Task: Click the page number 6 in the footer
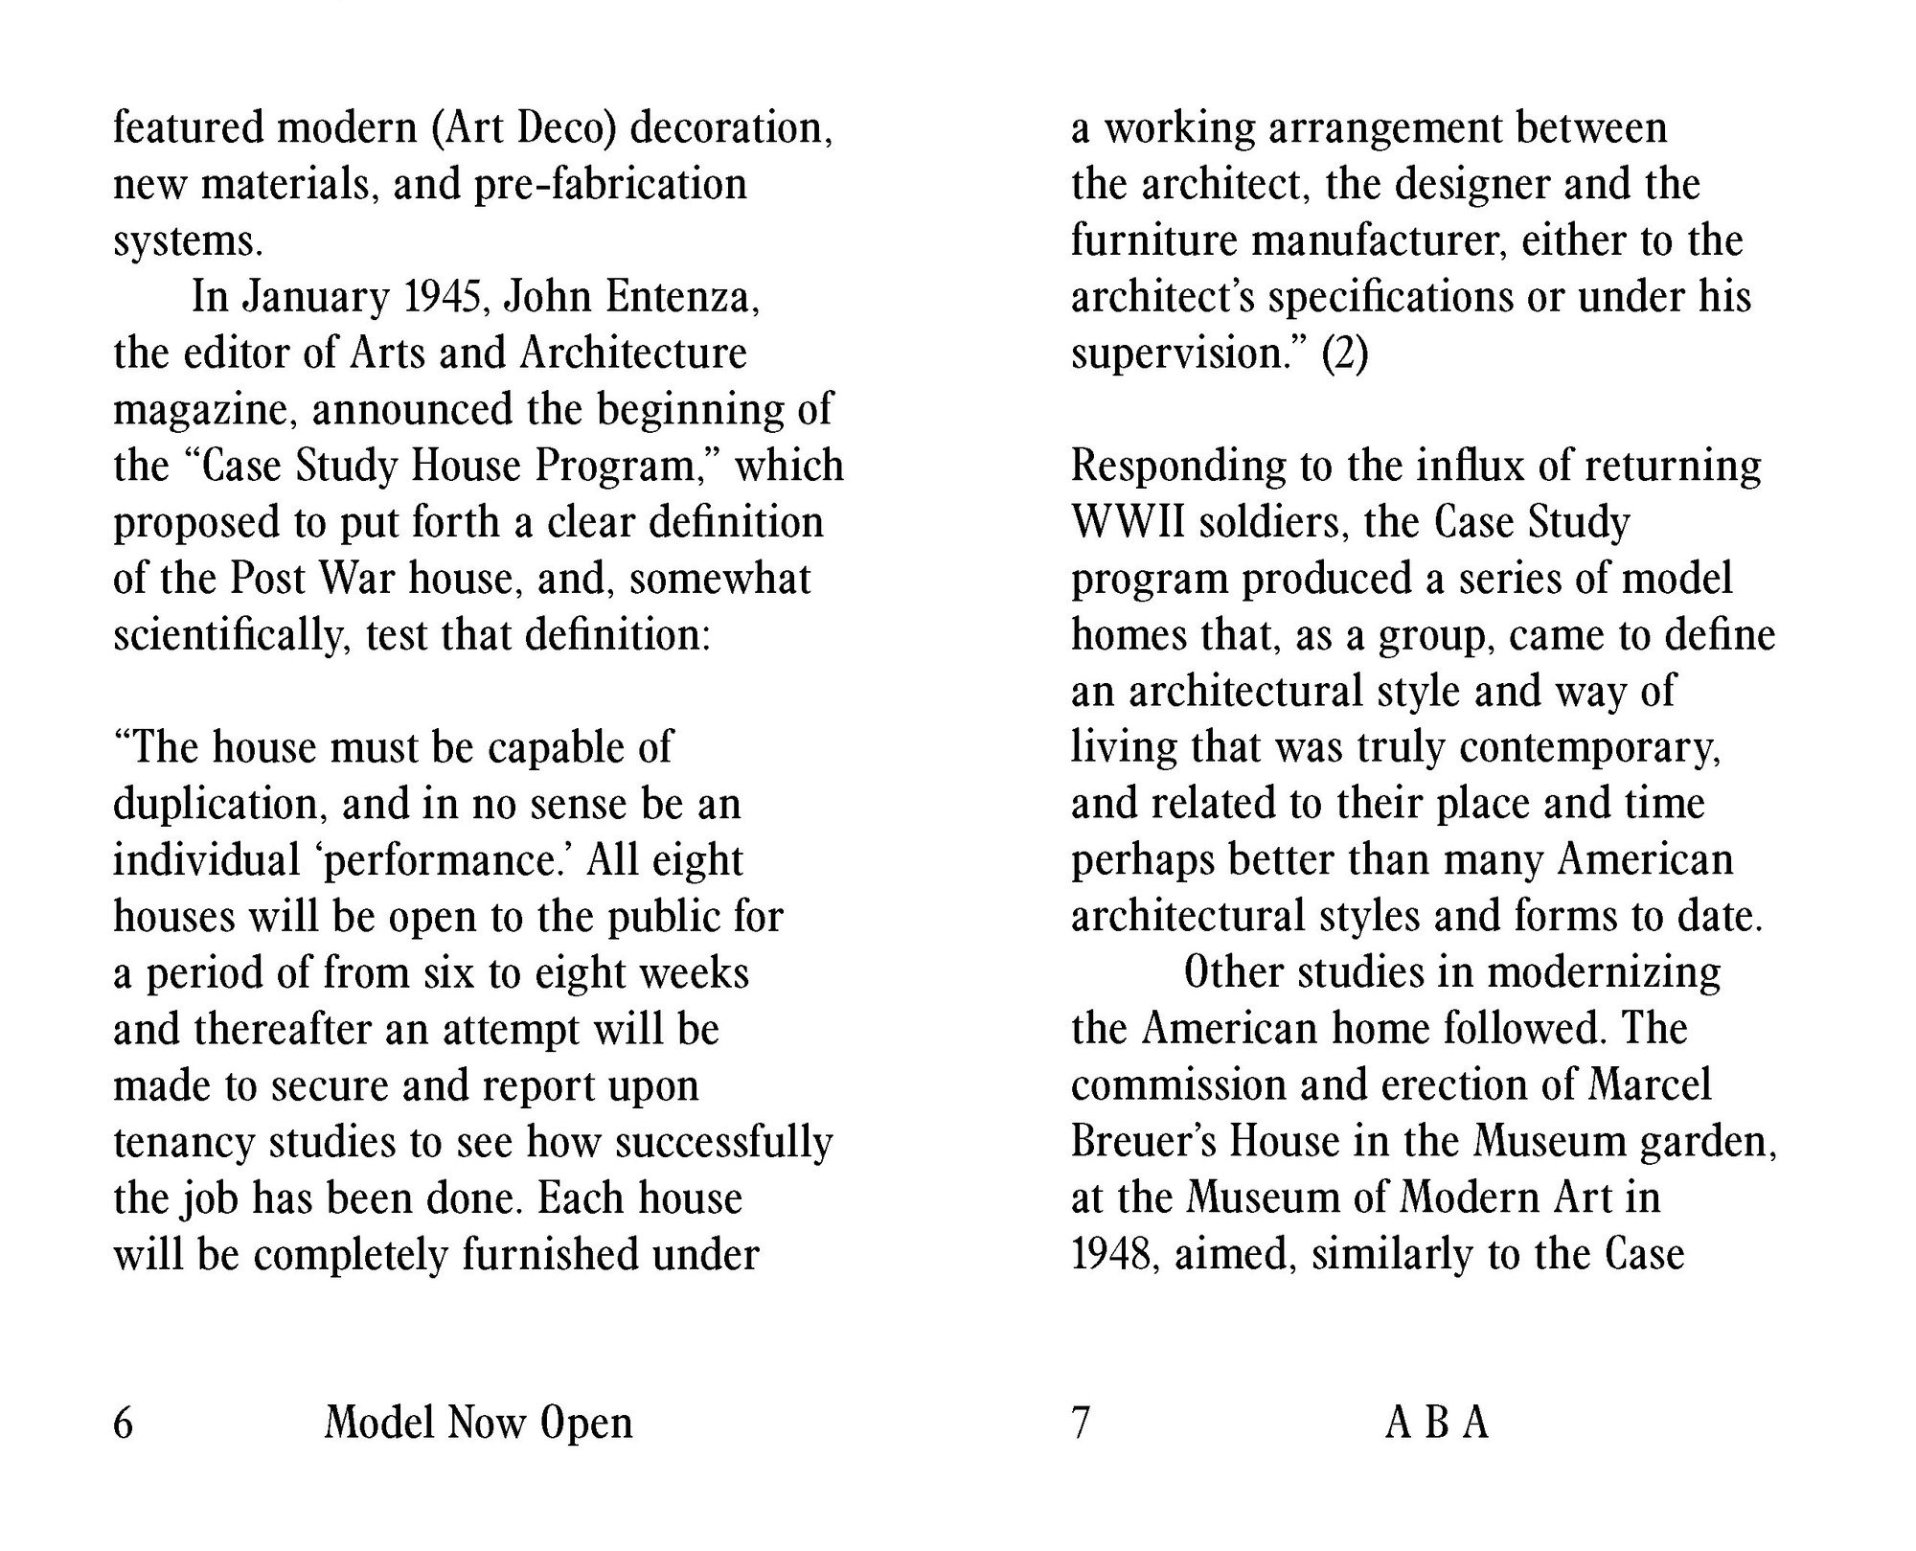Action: click(124, 1423)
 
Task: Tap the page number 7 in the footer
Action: click(1081, 1423)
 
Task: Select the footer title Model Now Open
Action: click(478, 1423)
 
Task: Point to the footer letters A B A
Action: click(1436, 1423)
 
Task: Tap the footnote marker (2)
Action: click(1344, 354)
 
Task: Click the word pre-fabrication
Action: click(610, 185)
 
